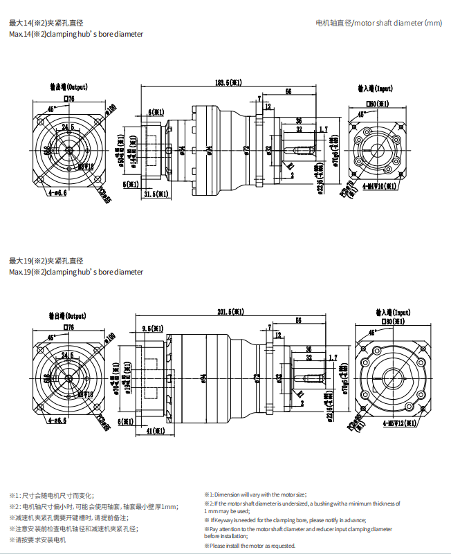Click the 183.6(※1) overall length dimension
pos(228,82)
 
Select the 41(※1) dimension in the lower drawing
pos(157,431)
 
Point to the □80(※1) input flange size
pos(391,322)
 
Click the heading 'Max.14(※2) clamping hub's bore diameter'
pos(76,34)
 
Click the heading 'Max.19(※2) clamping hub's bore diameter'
pos(76,272)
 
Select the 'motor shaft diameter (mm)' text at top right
pos(378,23)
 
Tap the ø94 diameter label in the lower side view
pos(204,378)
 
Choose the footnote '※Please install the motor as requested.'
pos(249,546)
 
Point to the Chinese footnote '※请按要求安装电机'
pos(38,539)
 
